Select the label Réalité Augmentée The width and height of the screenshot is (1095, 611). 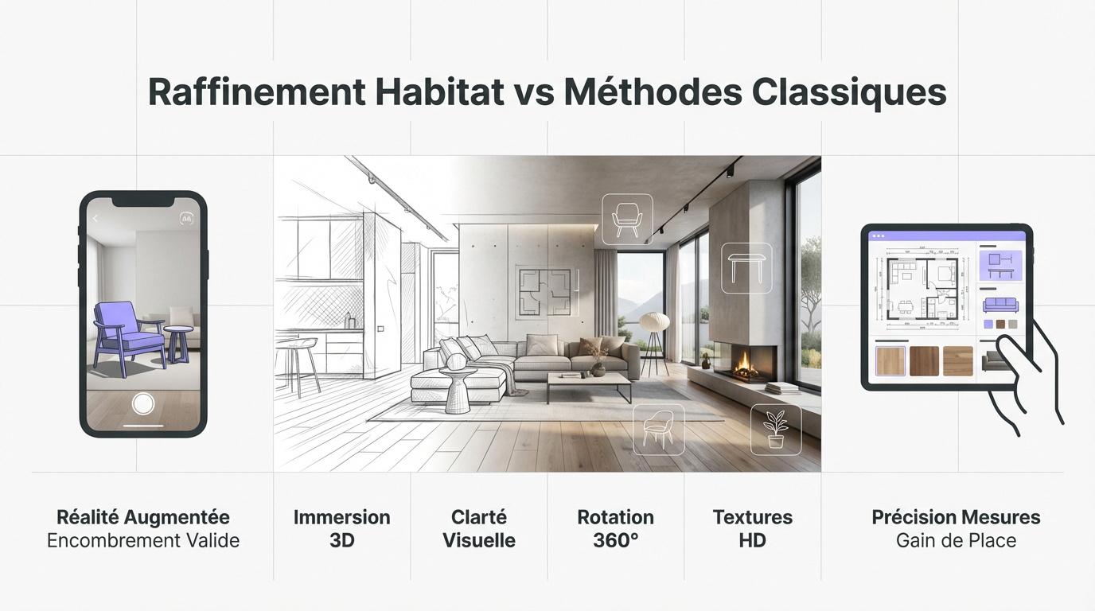point(143,517)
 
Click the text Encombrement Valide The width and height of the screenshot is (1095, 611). point(143,541)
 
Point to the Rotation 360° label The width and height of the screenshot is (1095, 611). point(615,528)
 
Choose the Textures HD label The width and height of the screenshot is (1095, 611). point(752,528)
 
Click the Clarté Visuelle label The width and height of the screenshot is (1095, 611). point(479,528)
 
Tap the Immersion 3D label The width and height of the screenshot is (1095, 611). point(341,528)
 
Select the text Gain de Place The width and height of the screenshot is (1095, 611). point(956,541)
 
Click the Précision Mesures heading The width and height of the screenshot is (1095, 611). point(956,517)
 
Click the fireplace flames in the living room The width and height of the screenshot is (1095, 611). point(746,364)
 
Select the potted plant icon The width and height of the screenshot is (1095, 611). point(776,430)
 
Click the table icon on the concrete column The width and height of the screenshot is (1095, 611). point(746,267)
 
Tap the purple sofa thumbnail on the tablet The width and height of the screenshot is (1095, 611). point(1000,305)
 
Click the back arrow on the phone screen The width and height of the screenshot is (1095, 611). point(95,219)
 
